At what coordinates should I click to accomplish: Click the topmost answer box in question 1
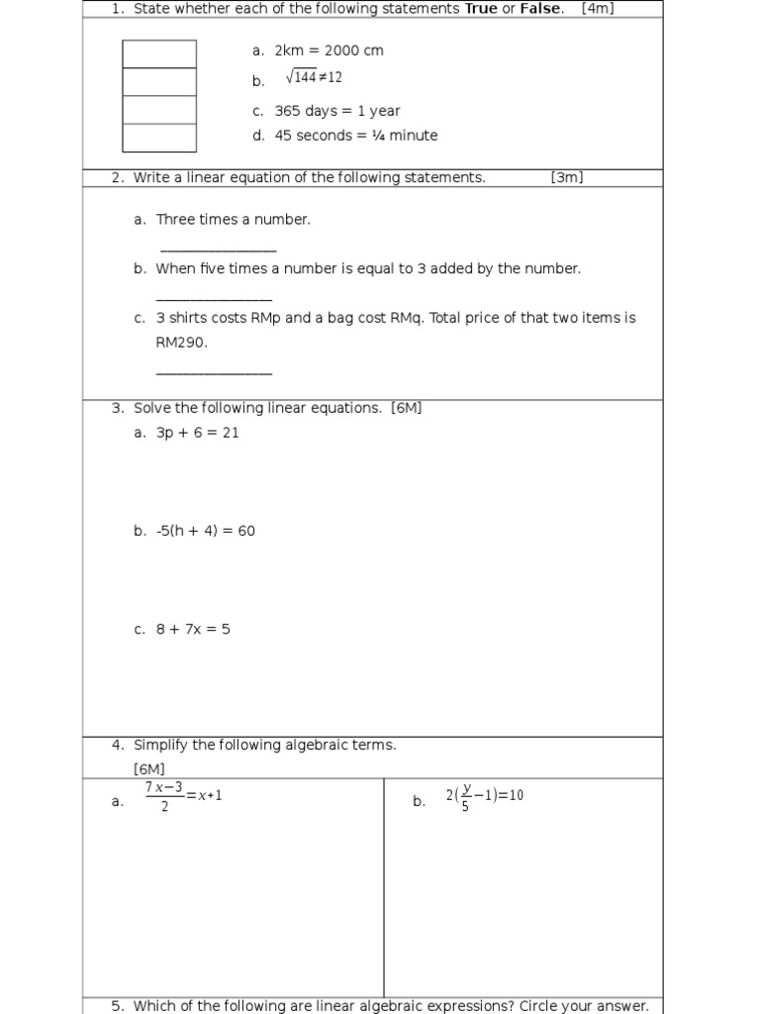point(159,53)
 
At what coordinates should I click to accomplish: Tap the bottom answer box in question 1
point(159,138)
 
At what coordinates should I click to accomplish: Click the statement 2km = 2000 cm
point(329,51)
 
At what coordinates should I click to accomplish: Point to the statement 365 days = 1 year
point(337,111)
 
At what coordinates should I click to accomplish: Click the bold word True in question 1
point(481,9)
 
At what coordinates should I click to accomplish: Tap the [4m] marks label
point(598,9)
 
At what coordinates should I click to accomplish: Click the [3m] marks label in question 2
point(567,177)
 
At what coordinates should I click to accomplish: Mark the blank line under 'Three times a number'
point(218,252)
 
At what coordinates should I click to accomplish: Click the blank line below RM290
point(214,373)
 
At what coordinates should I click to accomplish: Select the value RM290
point(182,343)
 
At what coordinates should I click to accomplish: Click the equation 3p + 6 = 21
point(198,433)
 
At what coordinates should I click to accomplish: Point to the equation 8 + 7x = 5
point(193,629)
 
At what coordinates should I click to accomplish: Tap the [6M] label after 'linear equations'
point(407,408)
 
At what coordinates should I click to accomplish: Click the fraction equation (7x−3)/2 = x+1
point(184,796)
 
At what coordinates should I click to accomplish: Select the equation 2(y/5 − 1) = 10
point(484,796)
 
